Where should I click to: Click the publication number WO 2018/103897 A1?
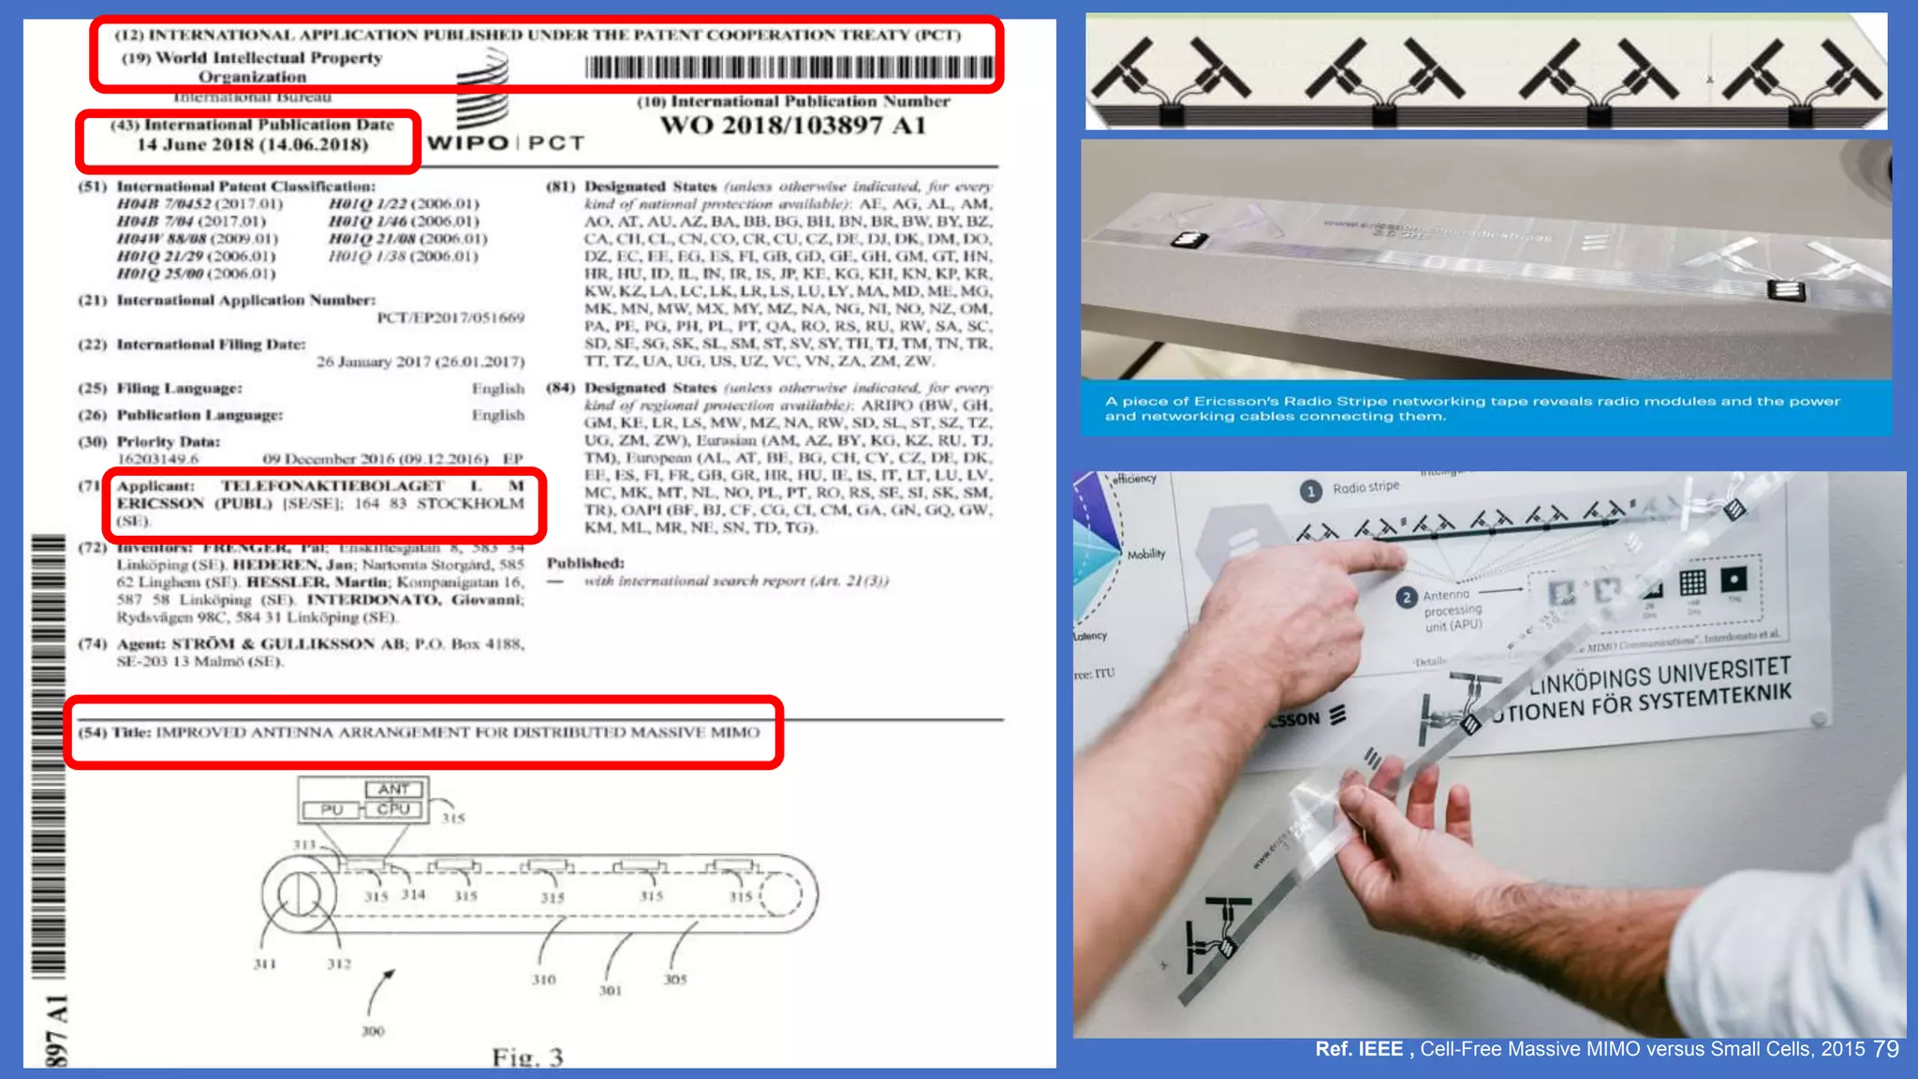[792, 126]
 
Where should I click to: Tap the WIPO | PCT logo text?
[506, 142]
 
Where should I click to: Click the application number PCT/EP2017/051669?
[450, 318]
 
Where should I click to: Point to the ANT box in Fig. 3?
[393, 790]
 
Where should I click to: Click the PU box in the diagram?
[332, 809]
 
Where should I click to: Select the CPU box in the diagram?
[393, 809]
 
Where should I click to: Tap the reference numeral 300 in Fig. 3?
[373, 1031]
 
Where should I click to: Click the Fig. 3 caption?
[527, 1057]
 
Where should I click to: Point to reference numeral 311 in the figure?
[265, 964]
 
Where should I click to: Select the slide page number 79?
[1886, 1049]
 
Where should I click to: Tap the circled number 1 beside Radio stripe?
[1311, 491]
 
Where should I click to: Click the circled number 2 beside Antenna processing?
[1406, 598]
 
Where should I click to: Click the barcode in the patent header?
[789, 67]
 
